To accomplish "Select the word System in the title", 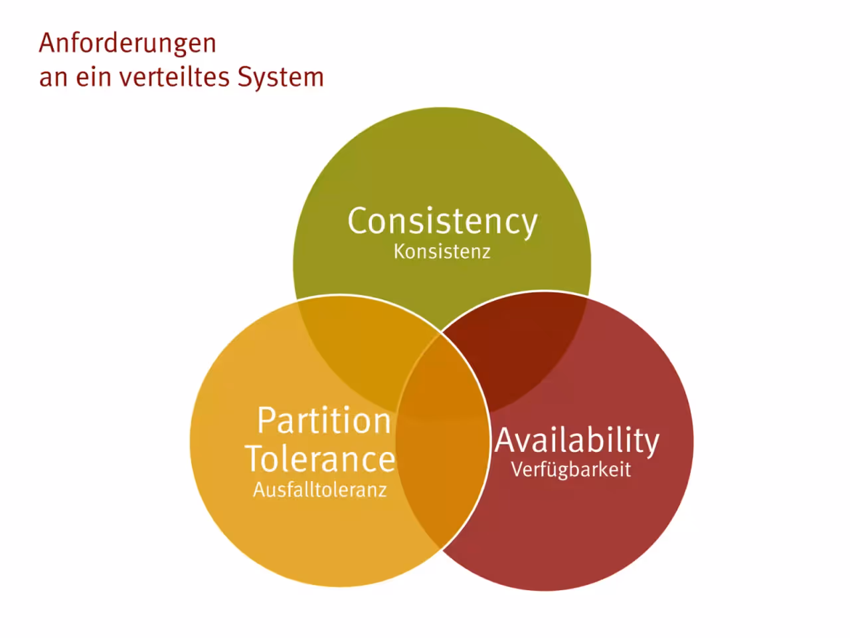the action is (281, 78).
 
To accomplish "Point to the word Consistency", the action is (443, 222).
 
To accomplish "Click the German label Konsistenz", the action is (442, 252).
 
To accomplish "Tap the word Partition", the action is (324, 421).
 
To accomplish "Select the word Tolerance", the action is (320, 459).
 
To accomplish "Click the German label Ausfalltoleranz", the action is (320, 490).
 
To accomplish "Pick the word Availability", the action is (577, 441).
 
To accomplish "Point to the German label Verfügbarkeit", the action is (571, 469).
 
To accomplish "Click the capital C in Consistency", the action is (358, 220).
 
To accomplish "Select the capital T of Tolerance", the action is (257, 459).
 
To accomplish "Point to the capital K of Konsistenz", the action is (400, 252).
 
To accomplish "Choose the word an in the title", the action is (53, 79).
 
